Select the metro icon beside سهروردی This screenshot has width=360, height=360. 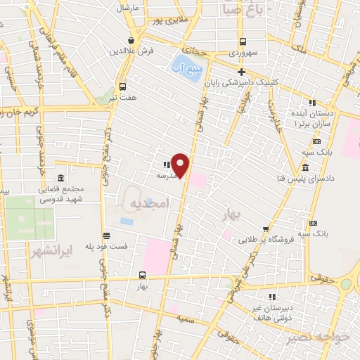click(243, 41)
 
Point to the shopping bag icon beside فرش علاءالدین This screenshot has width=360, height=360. click(131, 40)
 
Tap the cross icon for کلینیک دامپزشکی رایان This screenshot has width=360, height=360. click(242, 72)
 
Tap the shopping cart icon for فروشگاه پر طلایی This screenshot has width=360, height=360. click(265, 228)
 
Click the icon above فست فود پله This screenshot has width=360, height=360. click(105, 236)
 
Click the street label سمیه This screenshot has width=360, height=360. click(186, 319)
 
